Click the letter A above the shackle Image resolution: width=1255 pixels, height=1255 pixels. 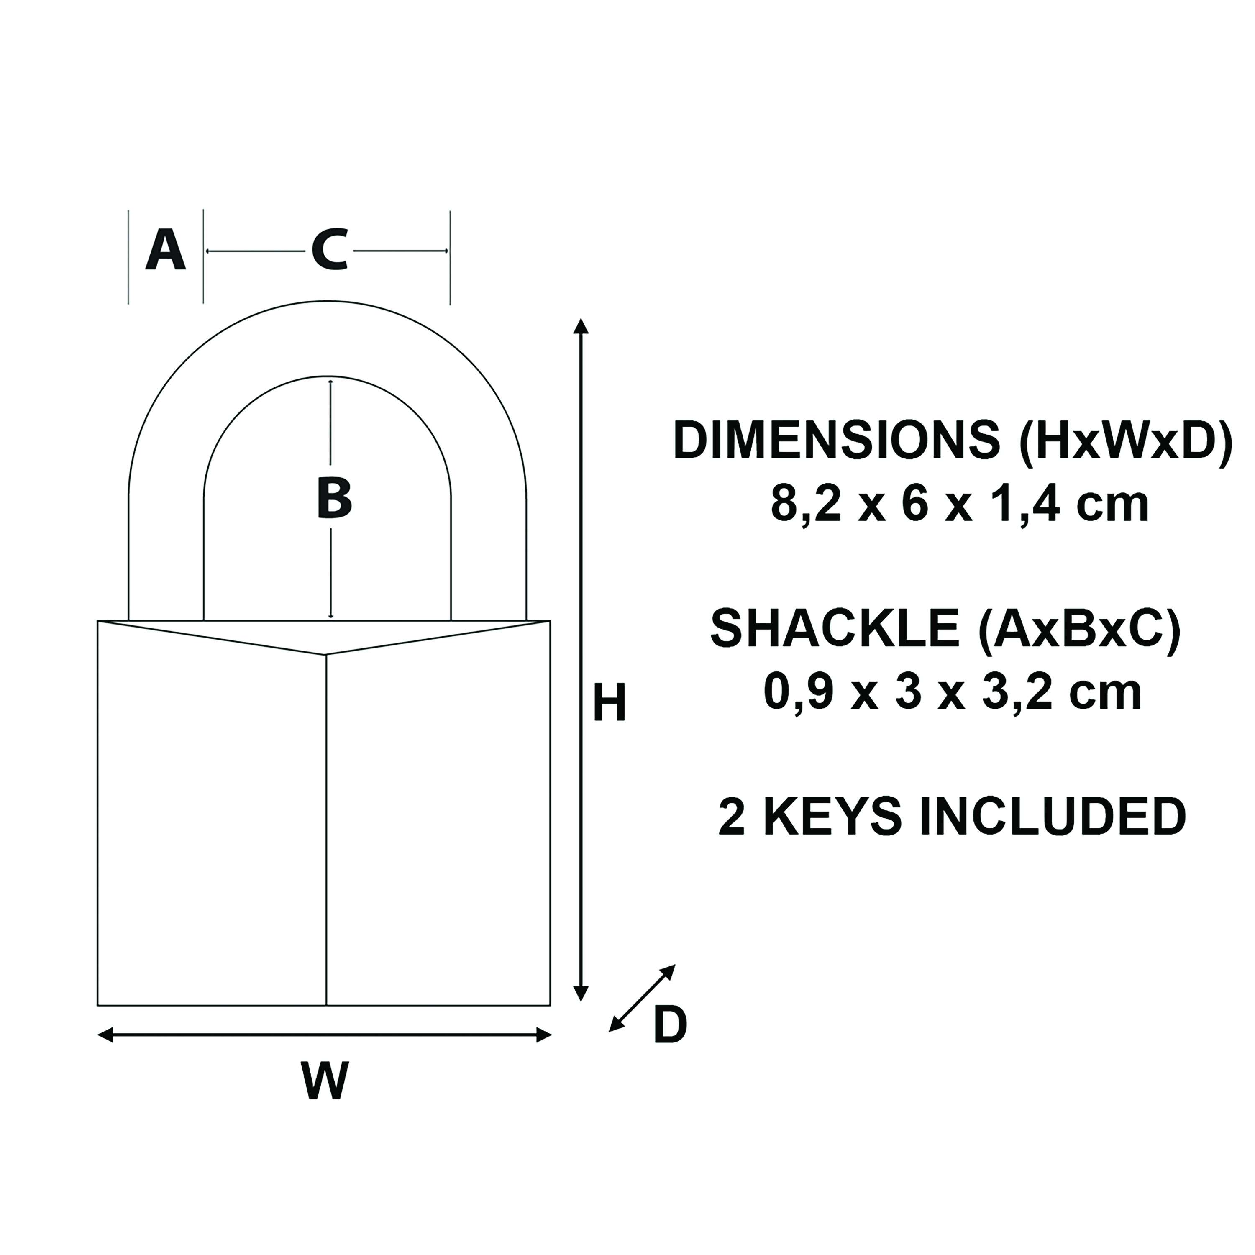coord(166,250)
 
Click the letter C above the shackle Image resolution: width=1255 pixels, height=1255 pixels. coord(329,250)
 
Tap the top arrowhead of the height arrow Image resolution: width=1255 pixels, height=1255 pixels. coord(582,327)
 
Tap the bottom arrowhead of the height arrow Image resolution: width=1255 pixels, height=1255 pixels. coord(582,1010)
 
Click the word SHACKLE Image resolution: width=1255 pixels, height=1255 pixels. coord(835,628)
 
